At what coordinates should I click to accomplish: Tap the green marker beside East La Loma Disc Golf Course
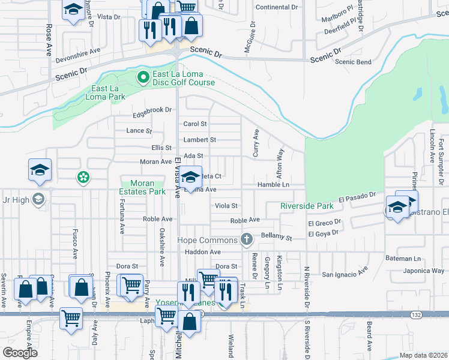click(x=143, y=77)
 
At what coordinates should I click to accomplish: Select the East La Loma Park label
click(x=109, y=92)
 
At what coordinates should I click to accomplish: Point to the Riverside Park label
click(x=307, y=206)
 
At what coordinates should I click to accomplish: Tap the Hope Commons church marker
click(x=246, y=239)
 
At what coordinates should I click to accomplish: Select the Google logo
click(x=20, y=353)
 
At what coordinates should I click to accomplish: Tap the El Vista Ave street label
click(x=178, y=178)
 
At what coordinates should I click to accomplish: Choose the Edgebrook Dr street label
click(x=152, y=110)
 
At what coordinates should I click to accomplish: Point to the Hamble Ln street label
click(x=273, y=185)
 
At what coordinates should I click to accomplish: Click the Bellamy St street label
click(x=276, y=238)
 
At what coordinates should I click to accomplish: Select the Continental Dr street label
click(x=277, y=8)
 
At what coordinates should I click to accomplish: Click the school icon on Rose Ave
click(x=40, y=170)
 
